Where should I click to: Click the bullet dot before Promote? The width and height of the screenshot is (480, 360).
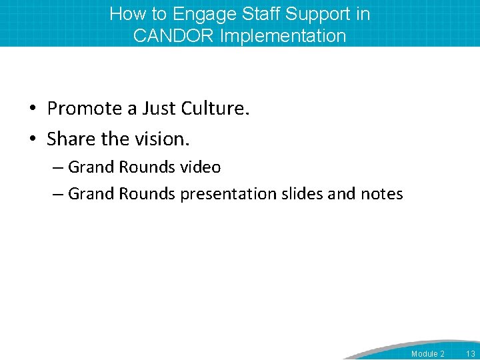click(x=33, y=109)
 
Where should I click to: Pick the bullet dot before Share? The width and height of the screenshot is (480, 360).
click(x=33, y=139)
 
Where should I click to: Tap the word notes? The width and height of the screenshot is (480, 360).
click(x=381, y=194)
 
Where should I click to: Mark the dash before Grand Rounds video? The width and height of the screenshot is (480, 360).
click(x=57, y=167)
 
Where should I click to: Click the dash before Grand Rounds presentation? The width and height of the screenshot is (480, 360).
click(x=57, y=195)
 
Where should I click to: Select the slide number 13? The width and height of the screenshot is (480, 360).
click(x=471, y=354)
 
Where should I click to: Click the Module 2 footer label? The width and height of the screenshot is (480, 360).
click(x=428, y=354)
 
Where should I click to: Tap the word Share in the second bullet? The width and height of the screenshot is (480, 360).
click(x=71, y=139)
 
